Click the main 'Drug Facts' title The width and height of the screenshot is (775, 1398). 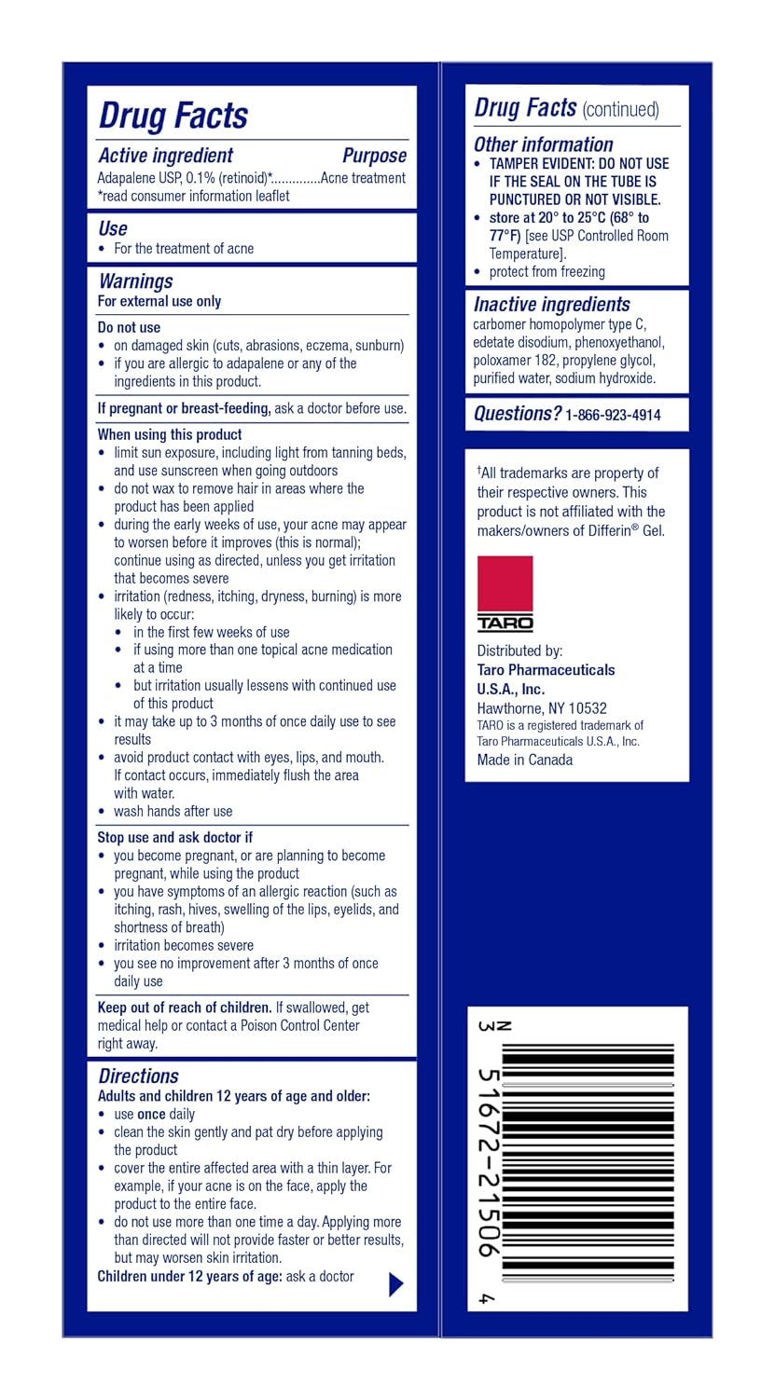173,116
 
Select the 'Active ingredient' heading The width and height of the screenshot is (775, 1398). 165,156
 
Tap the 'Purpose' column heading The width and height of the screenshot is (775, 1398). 374,156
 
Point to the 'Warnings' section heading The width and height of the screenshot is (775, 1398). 135,281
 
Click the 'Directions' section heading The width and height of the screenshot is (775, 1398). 138,1076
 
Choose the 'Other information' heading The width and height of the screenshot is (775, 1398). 543,144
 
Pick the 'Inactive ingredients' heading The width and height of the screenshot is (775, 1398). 551,304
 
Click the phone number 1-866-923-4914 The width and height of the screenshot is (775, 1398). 613,416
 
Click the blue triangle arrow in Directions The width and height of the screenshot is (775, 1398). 395,1284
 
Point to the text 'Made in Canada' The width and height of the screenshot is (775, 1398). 524,760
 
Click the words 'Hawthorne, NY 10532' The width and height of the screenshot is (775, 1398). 541,708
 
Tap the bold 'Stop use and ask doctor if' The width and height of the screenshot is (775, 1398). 175,837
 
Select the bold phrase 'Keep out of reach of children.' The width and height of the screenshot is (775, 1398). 185,1007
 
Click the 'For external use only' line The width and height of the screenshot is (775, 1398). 159,301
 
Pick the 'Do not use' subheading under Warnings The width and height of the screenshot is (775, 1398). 129,327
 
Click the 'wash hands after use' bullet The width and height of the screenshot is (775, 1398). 173,811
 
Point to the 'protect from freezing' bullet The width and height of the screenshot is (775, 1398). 547,272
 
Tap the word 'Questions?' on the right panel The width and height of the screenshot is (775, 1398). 517,414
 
